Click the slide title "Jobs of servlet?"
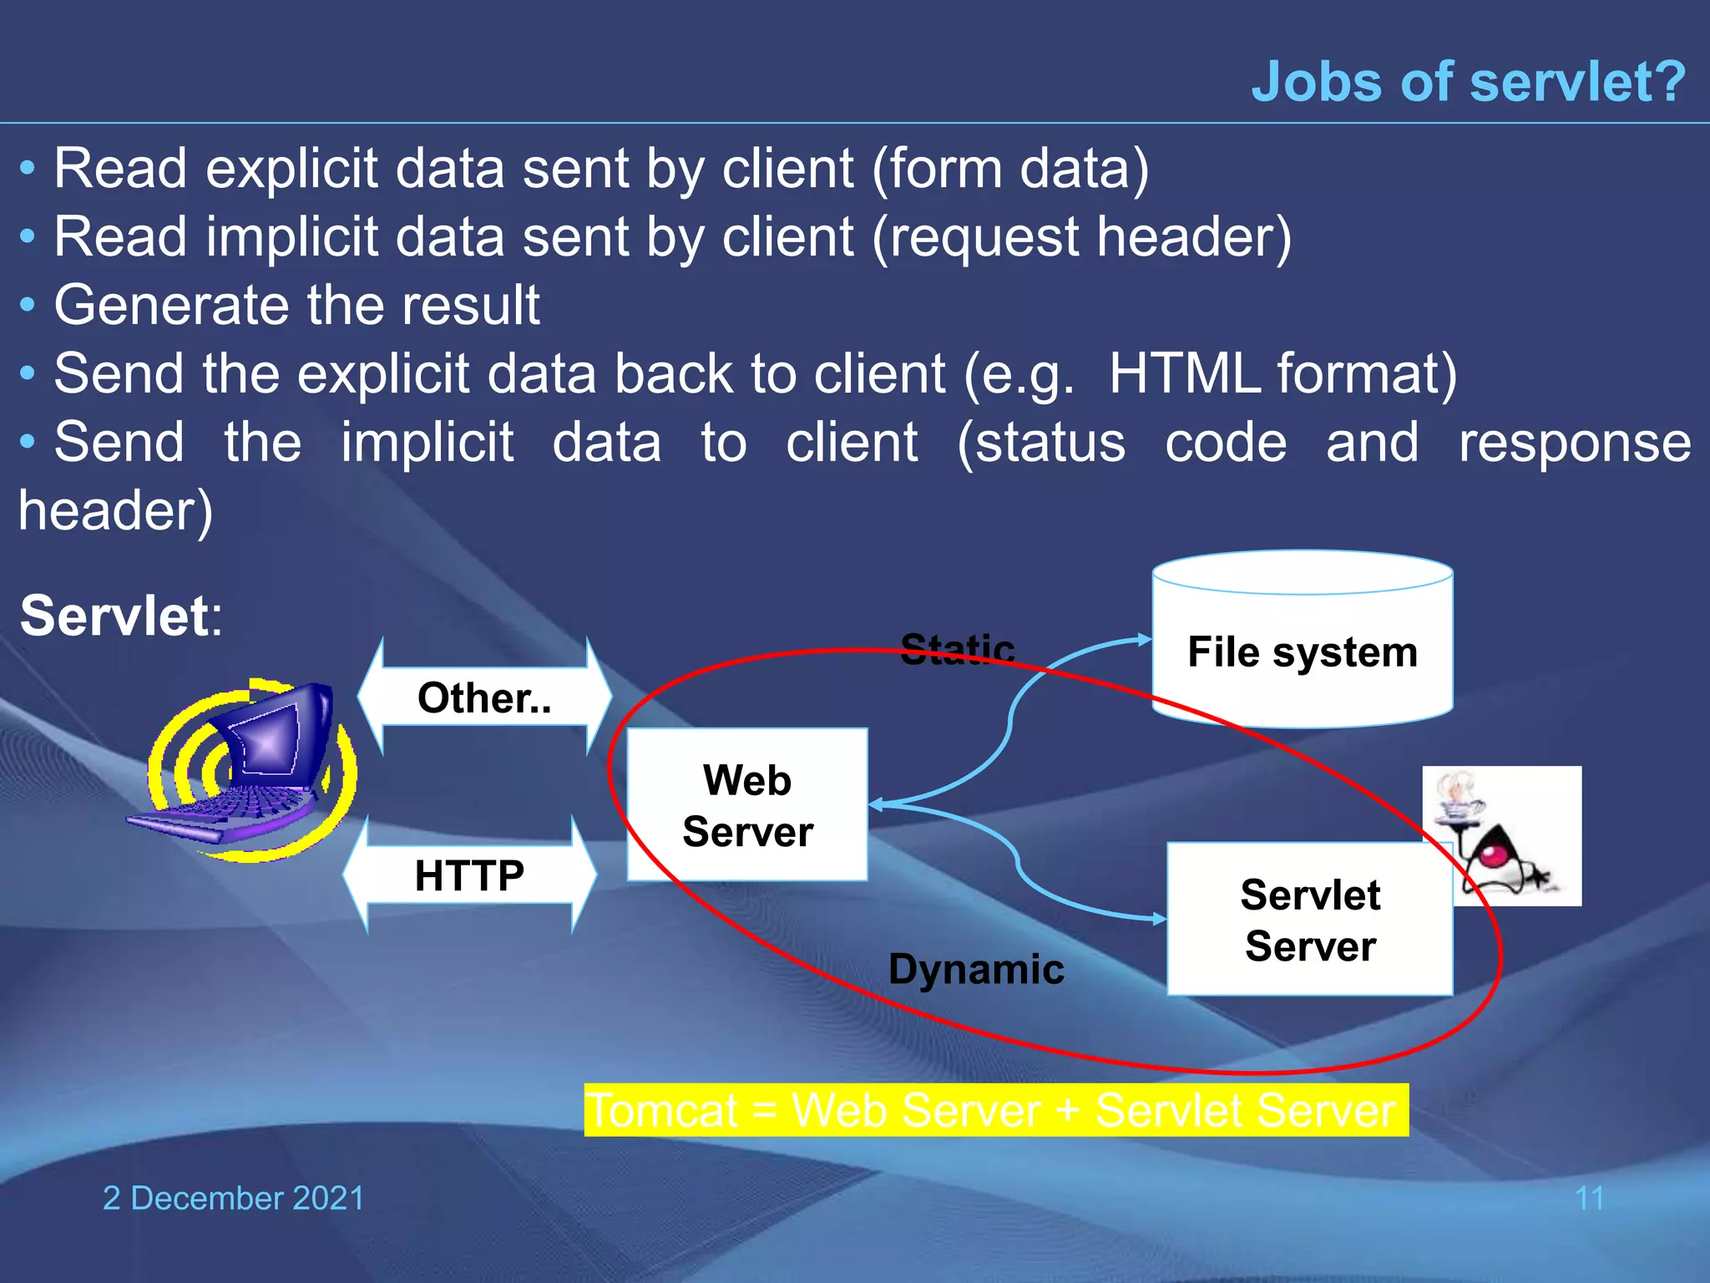click(1468, 82)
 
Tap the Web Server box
click(747, 804)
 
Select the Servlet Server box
click(1309, 919)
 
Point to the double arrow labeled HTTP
click(470, 875)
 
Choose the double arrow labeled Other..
click(484, 697)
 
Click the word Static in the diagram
click(958, 648)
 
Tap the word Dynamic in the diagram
click(976, 969)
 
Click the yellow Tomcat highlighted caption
click(995, 1110)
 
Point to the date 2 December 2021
click(234, 1198)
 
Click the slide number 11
click(1589, 1198)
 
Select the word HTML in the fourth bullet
click(1184, 373)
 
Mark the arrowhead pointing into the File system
click(1145, 639)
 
